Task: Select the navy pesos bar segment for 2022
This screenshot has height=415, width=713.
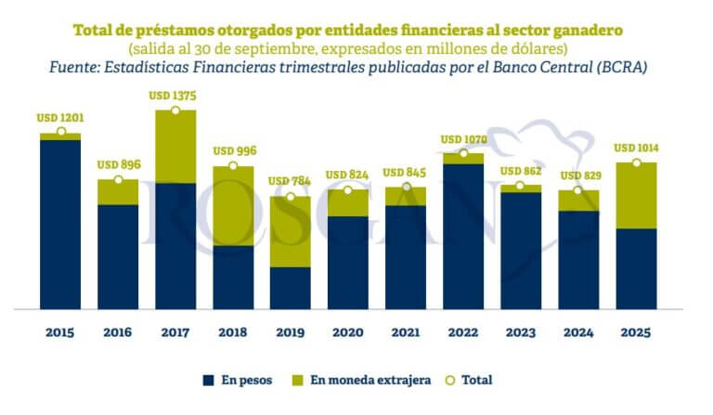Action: (463, 236)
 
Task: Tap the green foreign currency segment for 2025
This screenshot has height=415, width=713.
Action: (636, 196)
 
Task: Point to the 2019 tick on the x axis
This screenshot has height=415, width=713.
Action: (291, 331)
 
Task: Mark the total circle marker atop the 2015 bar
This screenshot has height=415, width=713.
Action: (60, 133)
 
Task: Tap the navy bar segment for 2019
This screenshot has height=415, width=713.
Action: (291, 288)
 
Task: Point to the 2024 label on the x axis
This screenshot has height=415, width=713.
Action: (578, 331)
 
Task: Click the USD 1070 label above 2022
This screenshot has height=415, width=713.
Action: (463, 140)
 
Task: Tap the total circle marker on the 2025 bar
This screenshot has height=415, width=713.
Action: (636, 163)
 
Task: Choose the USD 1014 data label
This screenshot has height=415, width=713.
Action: (636, 148)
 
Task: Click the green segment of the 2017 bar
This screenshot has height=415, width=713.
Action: (175, 147)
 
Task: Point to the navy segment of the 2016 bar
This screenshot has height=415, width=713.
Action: (118, 256)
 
